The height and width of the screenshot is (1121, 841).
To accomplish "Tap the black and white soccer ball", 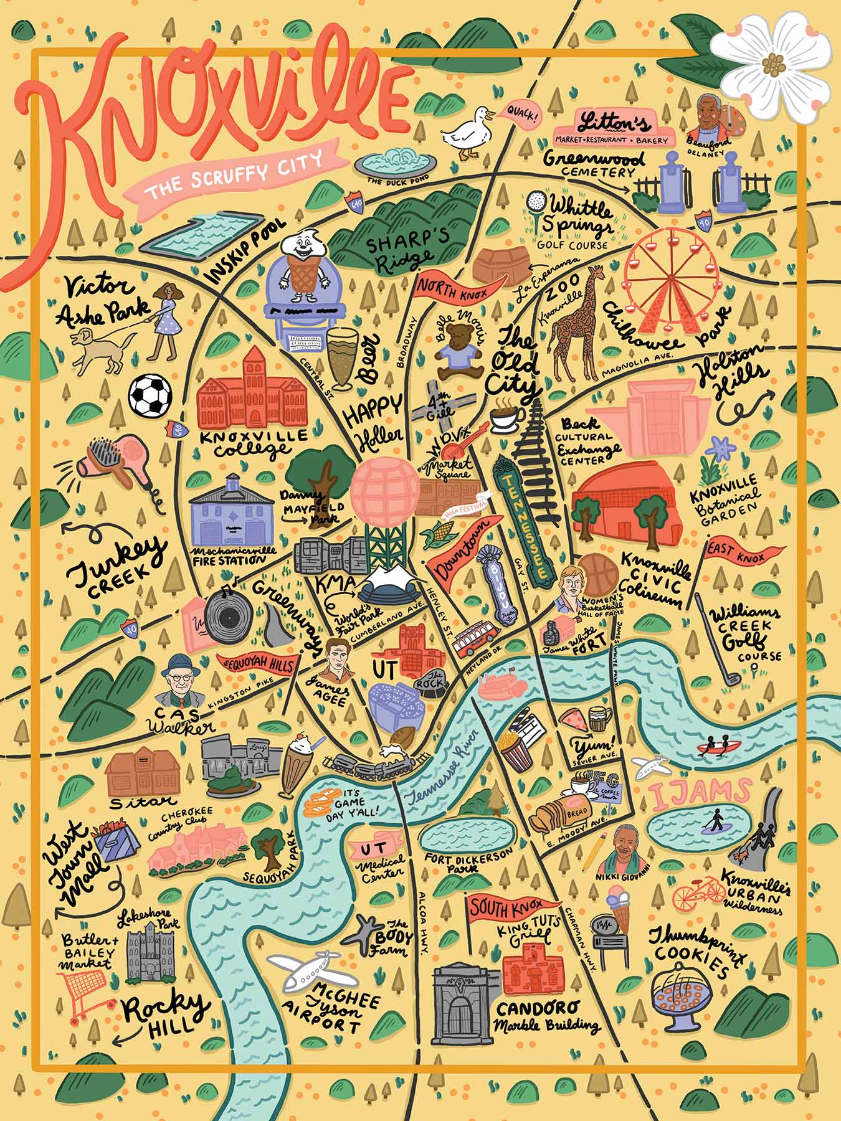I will point(150,395).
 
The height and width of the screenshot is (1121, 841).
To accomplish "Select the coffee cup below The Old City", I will point(505,419).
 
